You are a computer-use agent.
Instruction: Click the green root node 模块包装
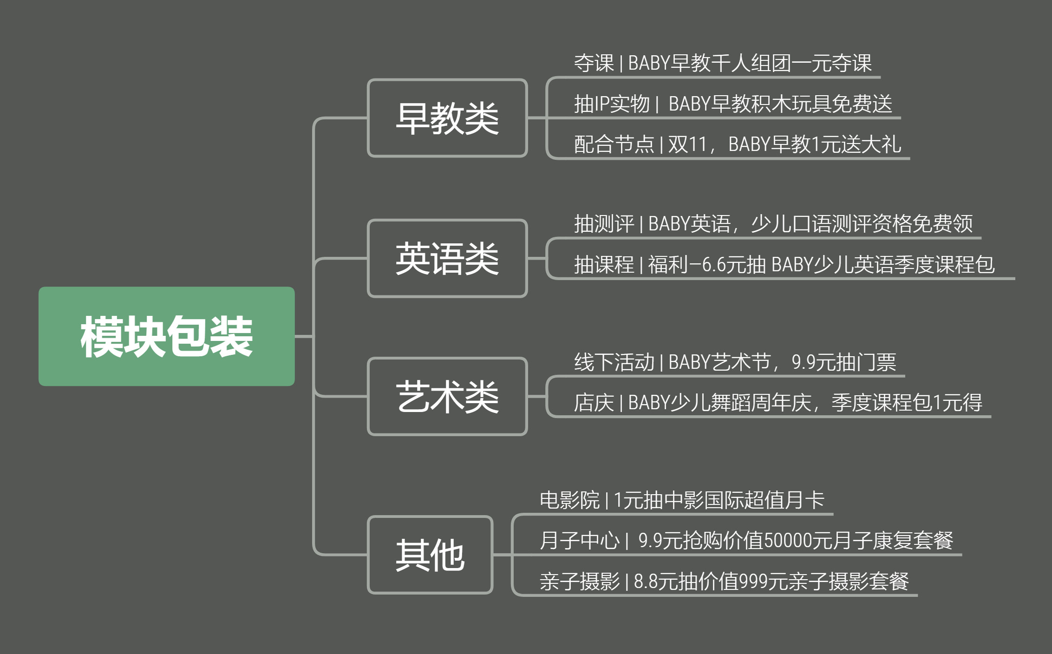[x=166, y=336]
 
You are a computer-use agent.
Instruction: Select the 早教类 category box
[x=447, y=118]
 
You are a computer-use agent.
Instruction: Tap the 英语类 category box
[x=447, y=258]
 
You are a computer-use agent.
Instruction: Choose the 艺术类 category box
[x=447, y=396]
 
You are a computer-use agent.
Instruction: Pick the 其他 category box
[x=430, y=555]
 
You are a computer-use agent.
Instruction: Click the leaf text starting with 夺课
[x=722, y=63]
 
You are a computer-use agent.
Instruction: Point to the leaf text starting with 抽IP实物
[x=732, y=104]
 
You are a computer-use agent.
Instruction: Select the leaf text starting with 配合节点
[x=737, y=144]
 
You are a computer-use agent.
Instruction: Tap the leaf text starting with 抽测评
[x=773, y=224]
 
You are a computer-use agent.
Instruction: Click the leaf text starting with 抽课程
[x=784, y=265]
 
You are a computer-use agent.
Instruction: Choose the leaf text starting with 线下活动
[x=735, y=362]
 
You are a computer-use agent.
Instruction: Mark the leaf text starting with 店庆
[x=778, y=403]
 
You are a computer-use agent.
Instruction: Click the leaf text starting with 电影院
[x=681, y=500]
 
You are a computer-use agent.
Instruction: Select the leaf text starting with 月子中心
[x=746, y=541]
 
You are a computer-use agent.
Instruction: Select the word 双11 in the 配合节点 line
[x=687, y=144]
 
